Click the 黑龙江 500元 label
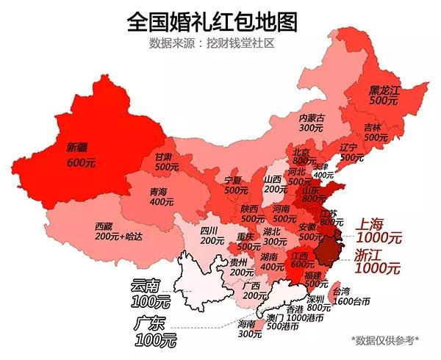coord(383,95)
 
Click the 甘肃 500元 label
coord(167,162)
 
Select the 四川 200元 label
coord(212,235)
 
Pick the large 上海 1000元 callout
coord(379,231)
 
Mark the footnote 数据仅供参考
coord(385,339)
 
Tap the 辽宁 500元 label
coord(351,152)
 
